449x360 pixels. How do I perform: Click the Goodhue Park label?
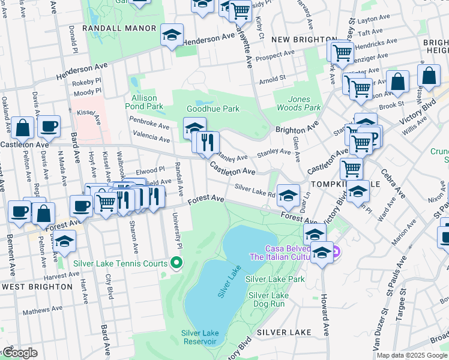pyautogui.click(x=213, y=109)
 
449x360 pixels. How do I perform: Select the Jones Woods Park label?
pyautogui.click(x=299, y=103)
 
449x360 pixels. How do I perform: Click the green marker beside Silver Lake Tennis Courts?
pyautogui.click(x=176, y=263)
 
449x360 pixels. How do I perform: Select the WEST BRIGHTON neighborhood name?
pyautogui.click(x=37, y=287)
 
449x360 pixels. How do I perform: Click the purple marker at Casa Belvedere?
pyautogui.click(x=336, y=251)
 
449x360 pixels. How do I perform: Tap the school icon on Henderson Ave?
pyautogui.click(x=172, y=35)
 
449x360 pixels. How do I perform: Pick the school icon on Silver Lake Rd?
pyautogui.click(x=288, y=194)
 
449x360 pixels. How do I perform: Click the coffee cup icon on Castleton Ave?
pyautogui.click(x=49, y=126)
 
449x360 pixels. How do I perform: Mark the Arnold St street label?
pyautogui.click(x=272, y=79)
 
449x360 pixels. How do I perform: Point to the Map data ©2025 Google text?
pyautogui.click(x=411, y=355)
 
